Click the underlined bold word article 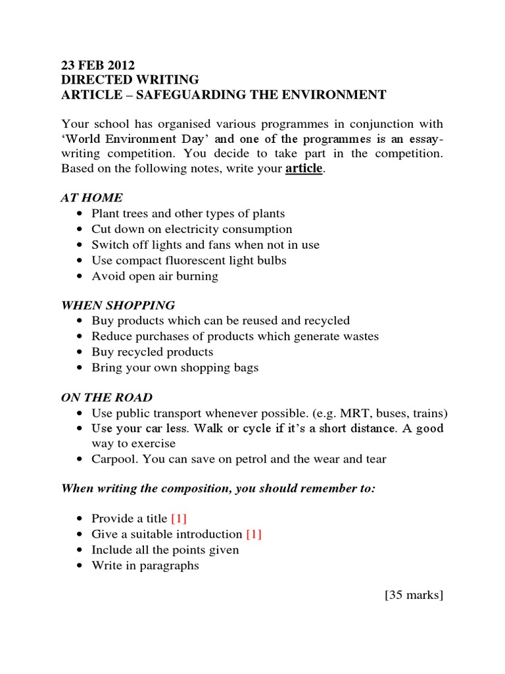pos(304,168)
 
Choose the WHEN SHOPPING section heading pos(118,305)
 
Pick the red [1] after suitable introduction pos(254,534)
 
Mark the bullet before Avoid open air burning pos(80,276)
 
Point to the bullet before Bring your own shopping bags pos(80,368)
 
